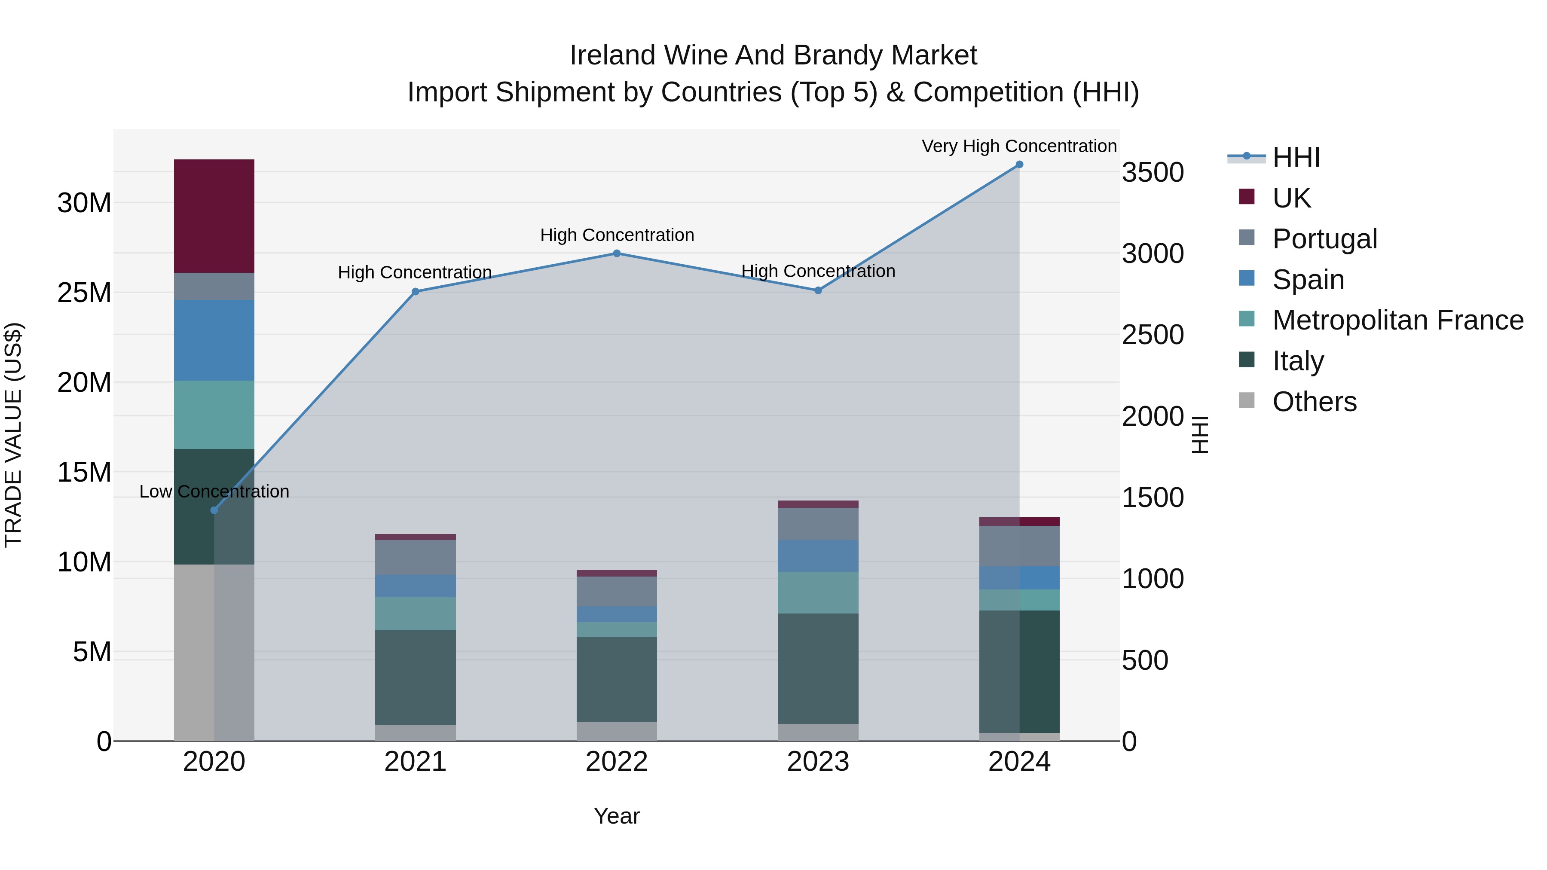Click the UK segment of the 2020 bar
[x=214, y=216]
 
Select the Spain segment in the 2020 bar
[x=214, y=340]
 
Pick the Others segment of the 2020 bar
[x=214, y=652]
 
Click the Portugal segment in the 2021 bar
[x=415, y=557]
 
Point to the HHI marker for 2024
[x=1019, y=165]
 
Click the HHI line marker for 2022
[x=616, y=253]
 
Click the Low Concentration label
[x=214, y=491]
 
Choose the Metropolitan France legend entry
[x=1397, y=320]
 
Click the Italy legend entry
[x=1298, y=361]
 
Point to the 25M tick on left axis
[x=84, y=293]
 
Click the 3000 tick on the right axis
[x=1153, y=253]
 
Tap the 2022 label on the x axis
[x=616, y=762]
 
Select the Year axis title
[x=616, y=816]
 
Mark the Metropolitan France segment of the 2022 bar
[x=616, y=629]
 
